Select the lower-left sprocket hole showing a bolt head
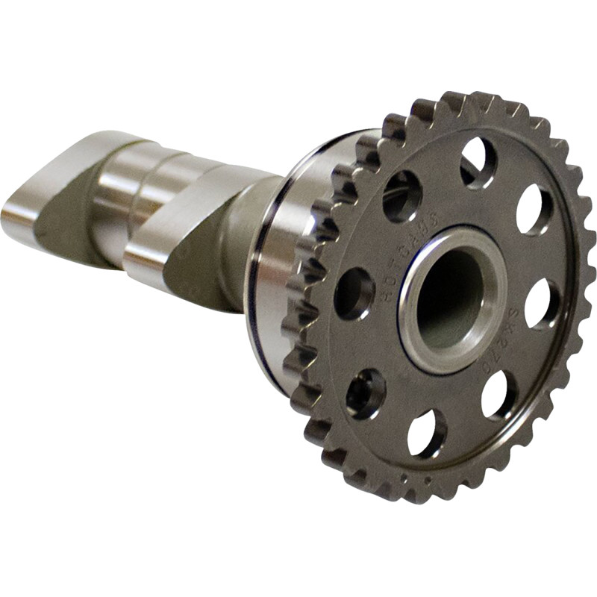pos(366,392)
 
